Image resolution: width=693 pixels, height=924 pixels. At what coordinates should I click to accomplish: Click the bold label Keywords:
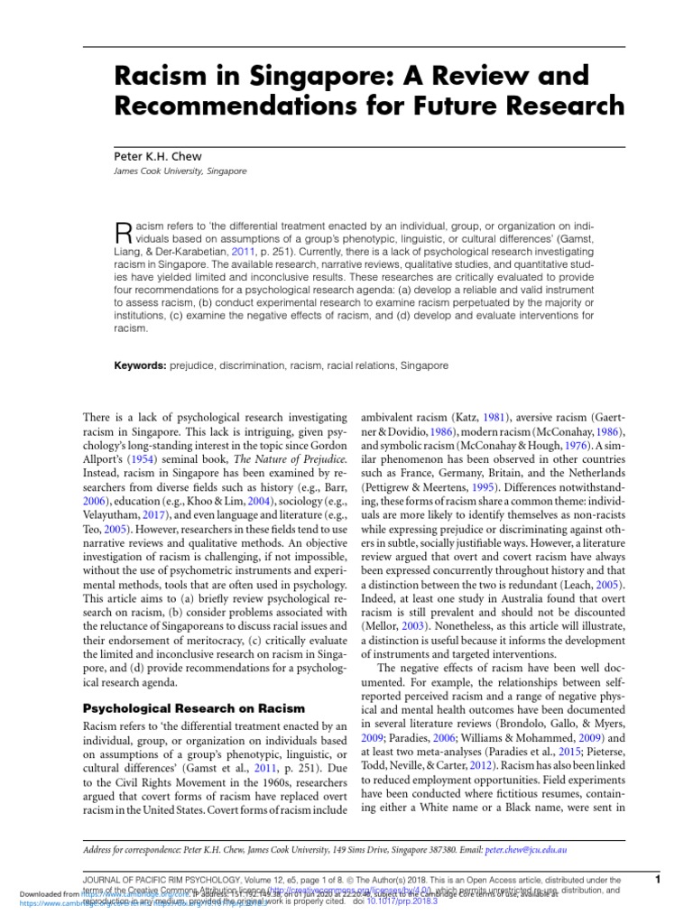click(x=142, y=367)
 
